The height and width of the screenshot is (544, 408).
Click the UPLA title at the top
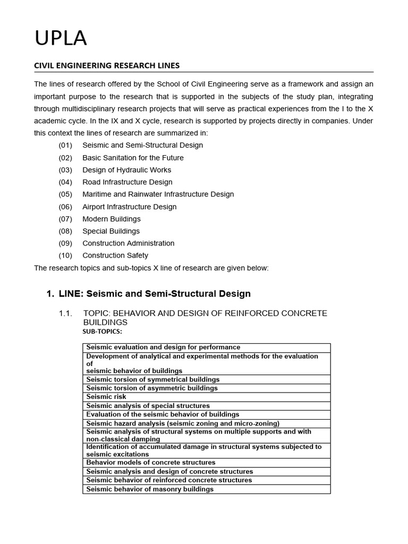(60, 39)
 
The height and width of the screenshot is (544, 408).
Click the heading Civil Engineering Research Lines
(107, 65)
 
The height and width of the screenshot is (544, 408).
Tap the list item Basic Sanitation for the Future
(133, 158)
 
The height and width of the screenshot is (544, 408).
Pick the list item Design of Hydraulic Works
(126, 170)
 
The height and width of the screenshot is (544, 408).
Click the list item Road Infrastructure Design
(127, 182)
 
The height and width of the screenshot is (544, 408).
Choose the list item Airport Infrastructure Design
(129, 207)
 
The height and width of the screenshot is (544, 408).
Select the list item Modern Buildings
(112, 219)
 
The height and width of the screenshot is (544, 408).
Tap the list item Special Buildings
(111, 231)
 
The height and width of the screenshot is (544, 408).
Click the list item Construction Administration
(128, 243)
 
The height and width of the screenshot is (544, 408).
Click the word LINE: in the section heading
(71, 294)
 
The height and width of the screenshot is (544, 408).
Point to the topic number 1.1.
(65, 313)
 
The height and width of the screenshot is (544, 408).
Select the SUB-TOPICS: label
(102, 331)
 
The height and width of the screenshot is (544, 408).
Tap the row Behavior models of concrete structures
(151, 463)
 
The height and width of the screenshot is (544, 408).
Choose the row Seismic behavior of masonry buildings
(150, 489)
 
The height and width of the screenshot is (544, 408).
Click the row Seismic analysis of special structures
(148, 406)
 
